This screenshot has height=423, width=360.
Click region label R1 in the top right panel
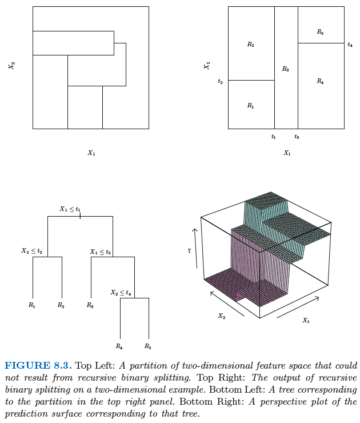click(250, 106)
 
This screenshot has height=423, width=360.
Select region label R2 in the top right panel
click(250, 45)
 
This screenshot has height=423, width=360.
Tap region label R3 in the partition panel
click(285, 69)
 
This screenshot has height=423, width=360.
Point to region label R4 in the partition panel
click(320, 82)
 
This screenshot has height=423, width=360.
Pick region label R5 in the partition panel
click(320, 33)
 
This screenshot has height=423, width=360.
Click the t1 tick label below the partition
click(274, 137)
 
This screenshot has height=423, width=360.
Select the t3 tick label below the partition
click(297, 137)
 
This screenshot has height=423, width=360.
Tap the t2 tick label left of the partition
click(220, 81)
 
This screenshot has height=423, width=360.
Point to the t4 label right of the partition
click(350, 45)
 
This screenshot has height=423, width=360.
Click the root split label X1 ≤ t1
click(70, 209)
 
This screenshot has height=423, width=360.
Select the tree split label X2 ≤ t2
click(31, 251)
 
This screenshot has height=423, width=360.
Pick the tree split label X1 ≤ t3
click(100, 252)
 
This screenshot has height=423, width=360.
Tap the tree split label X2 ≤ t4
click(121, 293)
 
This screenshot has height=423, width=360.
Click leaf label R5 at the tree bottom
click(148, 346)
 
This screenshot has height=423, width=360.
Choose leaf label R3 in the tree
click(90, 305)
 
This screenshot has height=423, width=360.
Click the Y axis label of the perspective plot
click(189, 250)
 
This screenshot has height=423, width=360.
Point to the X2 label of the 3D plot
click(221, 316)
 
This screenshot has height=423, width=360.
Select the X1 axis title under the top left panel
click(91, 153)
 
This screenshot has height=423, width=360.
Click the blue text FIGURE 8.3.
click(38, 366)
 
